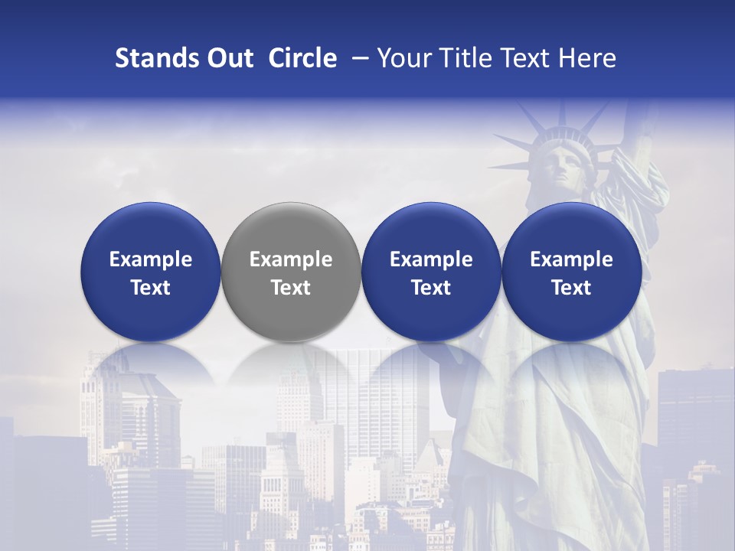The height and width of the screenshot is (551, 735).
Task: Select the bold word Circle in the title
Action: (x=302, y=58)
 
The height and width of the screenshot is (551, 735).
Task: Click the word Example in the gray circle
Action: (x=291, y=259)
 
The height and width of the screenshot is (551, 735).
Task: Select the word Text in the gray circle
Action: (x=291, y=288)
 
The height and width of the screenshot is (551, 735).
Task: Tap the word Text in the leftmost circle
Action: (x=151, y=288)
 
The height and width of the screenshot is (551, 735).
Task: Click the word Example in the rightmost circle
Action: (x=571, y=259)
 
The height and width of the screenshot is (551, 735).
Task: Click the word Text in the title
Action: (x=524, y=58)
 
